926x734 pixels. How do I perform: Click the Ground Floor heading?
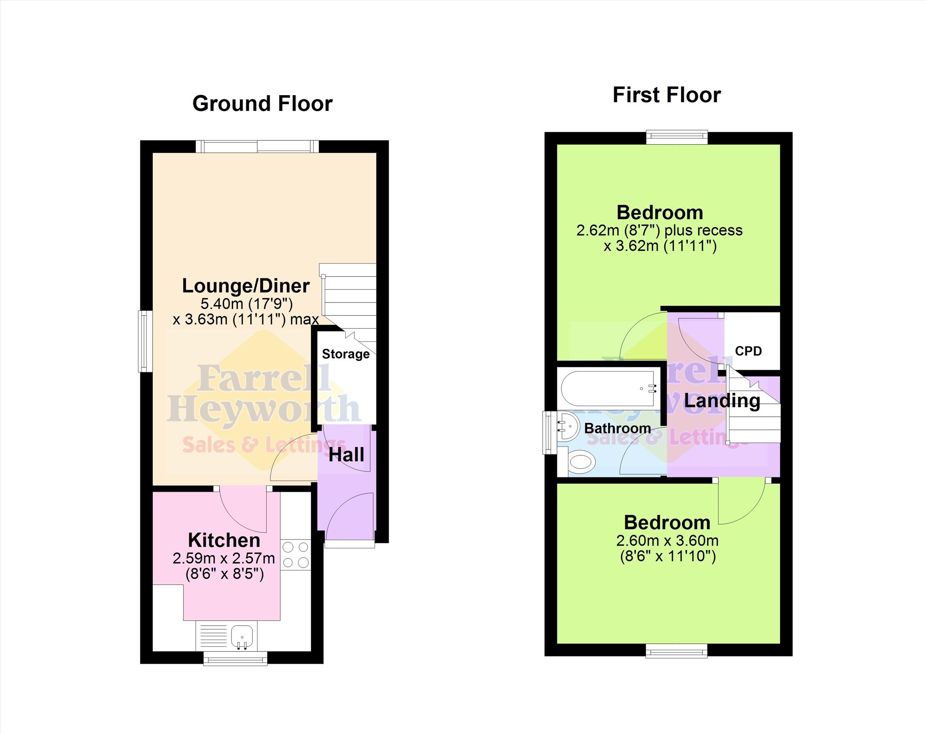(x=262, y=103)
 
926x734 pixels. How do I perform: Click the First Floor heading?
(x=667, y=95)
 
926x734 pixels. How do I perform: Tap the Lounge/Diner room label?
(x=246, y=286)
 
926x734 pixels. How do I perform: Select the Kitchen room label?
(x=224, y=540)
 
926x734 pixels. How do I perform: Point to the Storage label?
(x=346, y=354)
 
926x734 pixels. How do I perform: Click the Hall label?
(x=346, y=455)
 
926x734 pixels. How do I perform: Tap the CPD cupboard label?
(x=748, y=351)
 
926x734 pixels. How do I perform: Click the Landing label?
(x=722, y=401)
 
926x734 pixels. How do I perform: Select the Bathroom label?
(x=617, y=428)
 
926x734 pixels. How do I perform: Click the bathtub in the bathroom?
(x=610, y=389)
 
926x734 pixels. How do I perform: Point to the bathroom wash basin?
(x=569, y=426)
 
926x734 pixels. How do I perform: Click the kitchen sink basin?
(x=242, y=635)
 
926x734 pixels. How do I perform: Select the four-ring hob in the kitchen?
(x=296, y=555)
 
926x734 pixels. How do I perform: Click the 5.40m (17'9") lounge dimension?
(x=247, y=304)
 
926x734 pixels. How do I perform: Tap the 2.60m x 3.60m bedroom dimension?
(x=667, y=540)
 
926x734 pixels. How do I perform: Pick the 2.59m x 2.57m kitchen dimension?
(x=224, y=558)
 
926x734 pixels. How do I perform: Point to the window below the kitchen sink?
(x=235, y=658)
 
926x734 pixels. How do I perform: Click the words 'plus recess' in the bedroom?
(x=704, y=231)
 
